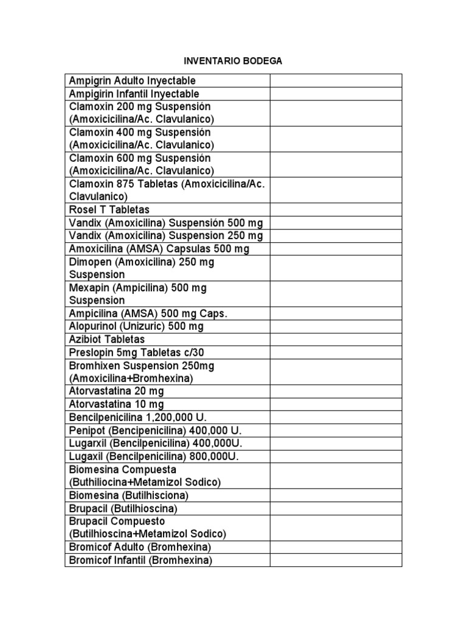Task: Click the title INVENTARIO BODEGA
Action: (x=233, y=61)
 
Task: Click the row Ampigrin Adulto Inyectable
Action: (x=132, y=81)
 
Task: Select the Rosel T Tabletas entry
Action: (x=109, y=210)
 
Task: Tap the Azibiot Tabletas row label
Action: (x=107, y=339)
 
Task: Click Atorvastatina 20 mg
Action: (x=116, y=391)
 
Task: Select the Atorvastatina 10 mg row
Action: (x=116, y=404)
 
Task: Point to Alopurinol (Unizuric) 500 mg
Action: (x=136, y=327)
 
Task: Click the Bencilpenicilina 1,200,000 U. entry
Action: (x=138, y=417)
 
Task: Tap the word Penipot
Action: (x=85, y=430)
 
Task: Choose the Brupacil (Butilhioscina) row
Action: (x=123, y=508)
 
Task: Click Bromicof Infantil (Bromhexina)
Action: (x=140, y=560)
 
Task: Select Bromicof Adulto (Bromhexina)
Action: (x=140, y=547)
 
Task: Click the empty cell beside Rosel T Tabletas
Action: (x=336, y=210)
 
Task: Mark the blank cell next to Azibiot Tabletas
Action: (x=336, y=339)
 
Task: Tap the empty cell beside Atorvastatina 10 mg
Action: (x=336, y=404)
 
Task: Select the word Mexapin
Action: (x=88, y=288)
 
